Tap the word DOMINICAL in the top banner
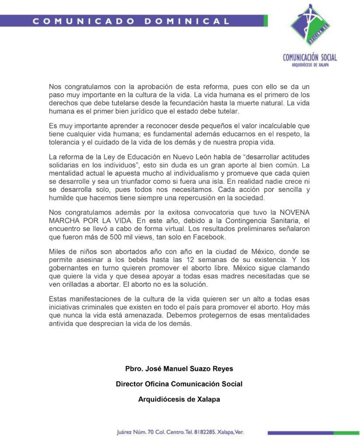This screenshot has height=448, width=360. coord(187,21)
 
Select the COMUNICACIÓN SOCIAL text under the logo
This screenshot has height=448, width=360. coord(310,57)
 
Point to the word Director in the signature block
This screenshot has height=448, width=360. coord(130,384)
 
